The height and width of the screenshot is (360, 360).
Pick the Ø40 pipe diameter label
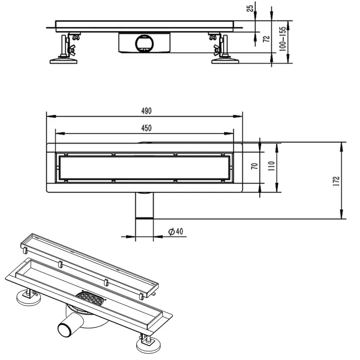click(x=175, y=232)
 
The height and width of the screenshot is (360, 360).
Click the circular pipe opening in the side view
click(x=143, y=42)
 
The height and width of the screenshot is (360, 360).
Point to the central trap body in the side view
click(x=143, y=42)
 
